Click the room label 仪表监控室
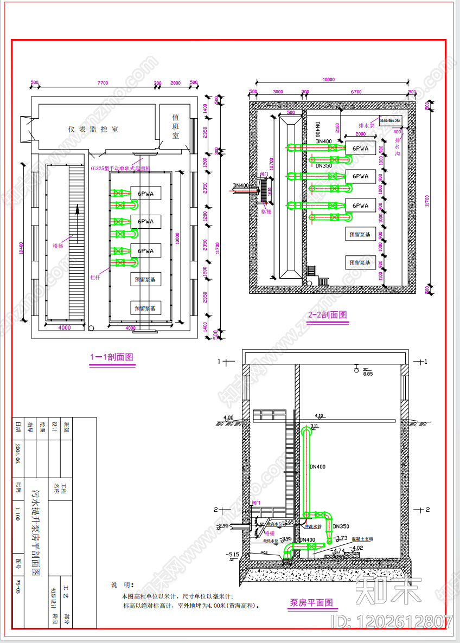93,129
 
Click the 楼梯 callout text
58,246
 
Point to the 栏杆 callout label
95,277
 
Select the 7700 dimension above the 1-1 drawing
103,83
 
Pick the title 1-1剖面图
112,357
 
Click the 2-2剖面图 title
327,314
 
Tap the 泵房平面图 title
311,602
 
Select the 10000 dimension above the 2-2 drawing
328,80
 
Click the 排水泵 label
367,125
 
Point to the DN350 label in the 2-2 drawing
324,166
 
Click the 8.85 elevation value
368,374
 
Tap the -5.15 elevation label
233,554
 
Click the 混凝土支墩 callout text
363,539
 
